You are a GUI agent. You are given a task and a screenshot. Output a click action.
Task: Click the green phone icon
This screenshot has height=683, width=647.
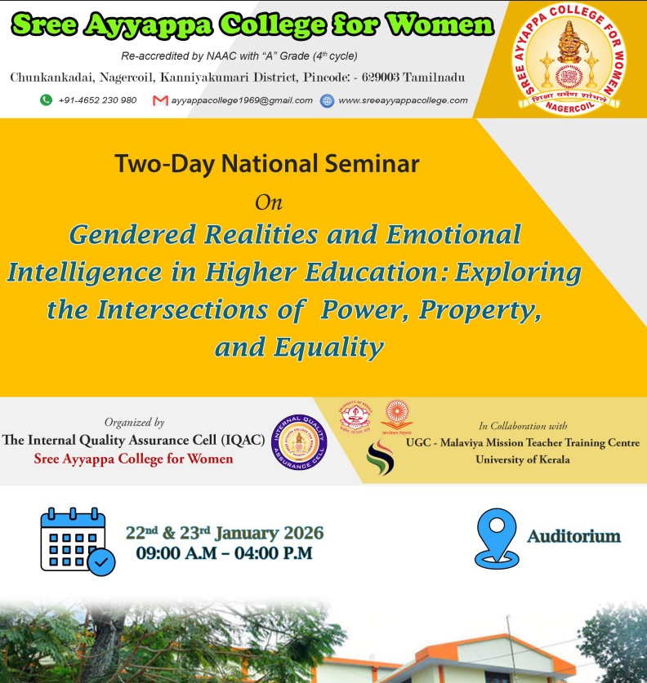point(46,100)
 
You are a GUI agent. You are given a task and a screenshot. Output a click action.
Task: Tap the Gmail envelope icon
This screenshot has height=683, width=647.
point(160,100)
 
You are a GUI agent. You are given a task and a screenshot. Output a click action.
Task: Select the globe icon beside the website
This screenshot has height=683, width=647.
point(328,100)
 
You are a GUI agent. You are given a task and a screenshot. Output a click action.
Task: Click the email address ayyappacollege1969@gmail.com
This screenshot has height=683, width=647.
point(242,100)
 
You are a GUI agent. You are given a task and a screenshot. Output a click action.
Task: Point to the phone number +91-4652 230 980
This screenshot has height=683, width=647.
point(98,100)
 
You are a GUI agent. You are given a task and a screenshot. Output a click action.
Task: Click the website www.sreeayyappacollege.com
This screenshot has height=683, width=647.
point(403,100)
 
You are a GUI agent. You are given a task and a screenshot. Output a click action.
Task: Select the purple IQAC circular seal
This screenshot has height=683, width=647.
point(299,441)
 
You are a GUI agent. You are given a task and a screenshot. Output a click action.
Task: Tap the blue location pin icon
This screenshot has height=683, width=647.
point(497,538)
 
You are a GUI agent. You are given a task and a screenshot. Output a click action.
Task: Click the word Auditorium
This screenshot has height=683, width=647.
point(573,537)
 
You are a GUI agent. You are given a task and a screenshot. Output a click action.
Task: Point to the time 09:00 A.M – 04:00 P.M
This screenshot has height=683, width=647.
point(224,553)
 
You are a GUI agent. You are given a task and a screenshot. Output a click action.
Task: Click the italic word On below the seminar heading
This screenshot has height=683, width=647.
point(269,201)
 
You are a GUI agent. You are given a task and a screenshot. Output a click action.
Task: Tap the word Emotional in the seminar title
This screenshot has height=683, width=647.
point(453,235)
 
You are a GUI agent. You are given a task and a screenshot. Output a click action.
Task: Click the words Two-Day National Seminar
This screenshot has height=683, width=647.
point(267,164)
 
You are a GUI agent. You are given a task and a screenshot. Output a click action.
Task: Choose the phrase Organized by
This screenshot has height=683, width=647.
point(134,423)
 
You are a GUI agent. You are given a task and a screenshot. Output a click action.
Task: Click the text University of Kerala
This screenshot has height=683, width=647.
point(523,459)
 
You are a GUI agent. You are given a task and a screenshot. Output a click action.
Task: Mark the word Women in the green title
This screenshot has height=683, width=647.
point(441,25)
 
